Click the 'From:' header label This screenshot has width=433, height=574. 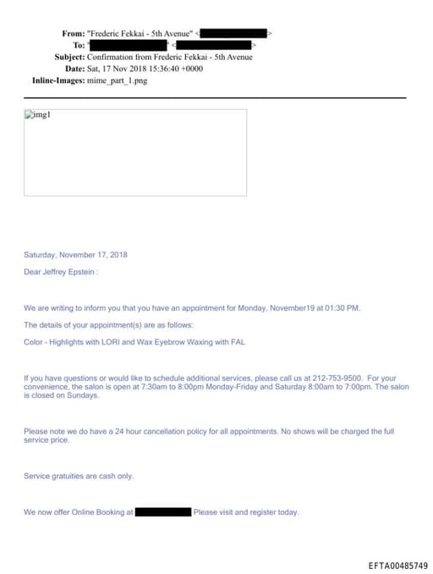pyautogui.click(x=73, y=33)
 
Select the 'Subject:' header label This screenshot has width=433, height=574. pyautogui.click(x=69, y=57)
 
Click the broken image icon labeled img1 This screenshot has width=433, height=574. pyautogui.click(x=38, y=115)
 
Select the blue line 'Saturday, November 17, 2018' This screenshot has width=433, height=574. pyautogui.click(x=75, y=255)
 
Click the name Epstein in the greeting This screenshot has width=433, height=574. pyautogui.click(x=81, y=273)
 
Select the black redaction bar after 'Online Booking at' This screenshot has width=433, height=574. pyautogui.click(x=163, y=511)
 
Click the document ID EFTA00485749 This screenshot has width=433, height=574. pyautogui.click(x=397, y=565)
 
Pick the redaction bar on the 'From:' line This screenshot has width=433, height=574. pyautogui.click(x=233, y=33)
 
